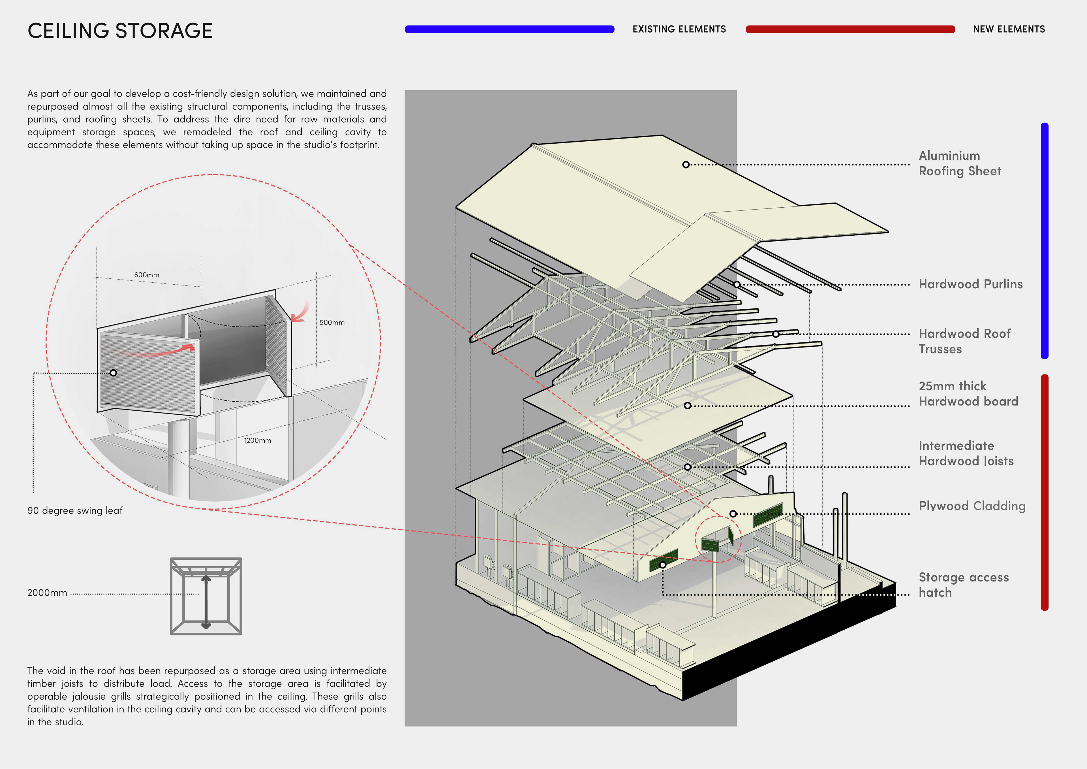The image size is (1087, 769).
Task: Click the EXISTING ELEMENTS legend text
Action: (679, 29)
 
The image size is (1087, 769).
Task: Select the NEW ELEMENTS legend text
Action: (1009, 29)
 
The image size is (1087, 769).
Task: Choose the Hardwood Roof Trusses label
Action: (964, 341)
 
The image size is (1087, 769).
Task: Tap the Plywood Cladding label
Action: (972, 506)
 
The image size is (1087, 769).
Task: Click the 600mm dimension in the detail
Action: (147, 275)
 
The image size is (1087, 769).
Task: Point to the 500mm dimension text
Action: (332, 323)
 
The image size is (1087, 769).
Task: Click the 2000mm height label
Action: (47, 593)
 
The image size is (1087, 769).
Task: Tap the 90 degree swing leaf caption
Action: (75, 510)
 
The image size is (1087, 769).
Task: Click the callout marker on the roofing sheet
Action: (686, 164)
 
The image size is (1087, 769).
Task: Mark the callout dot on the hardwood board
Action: (687, 406)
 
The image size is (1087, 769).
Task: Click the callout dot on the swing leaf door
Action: (113, 373)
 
